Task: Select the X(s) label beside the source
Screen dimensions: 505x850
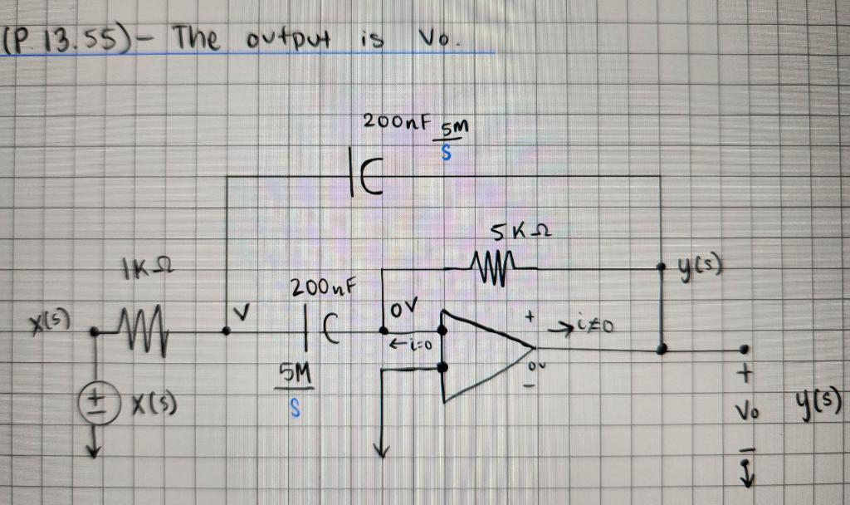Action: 154,406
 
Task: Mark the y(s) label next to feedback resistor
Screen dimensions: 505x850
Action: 698,267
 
